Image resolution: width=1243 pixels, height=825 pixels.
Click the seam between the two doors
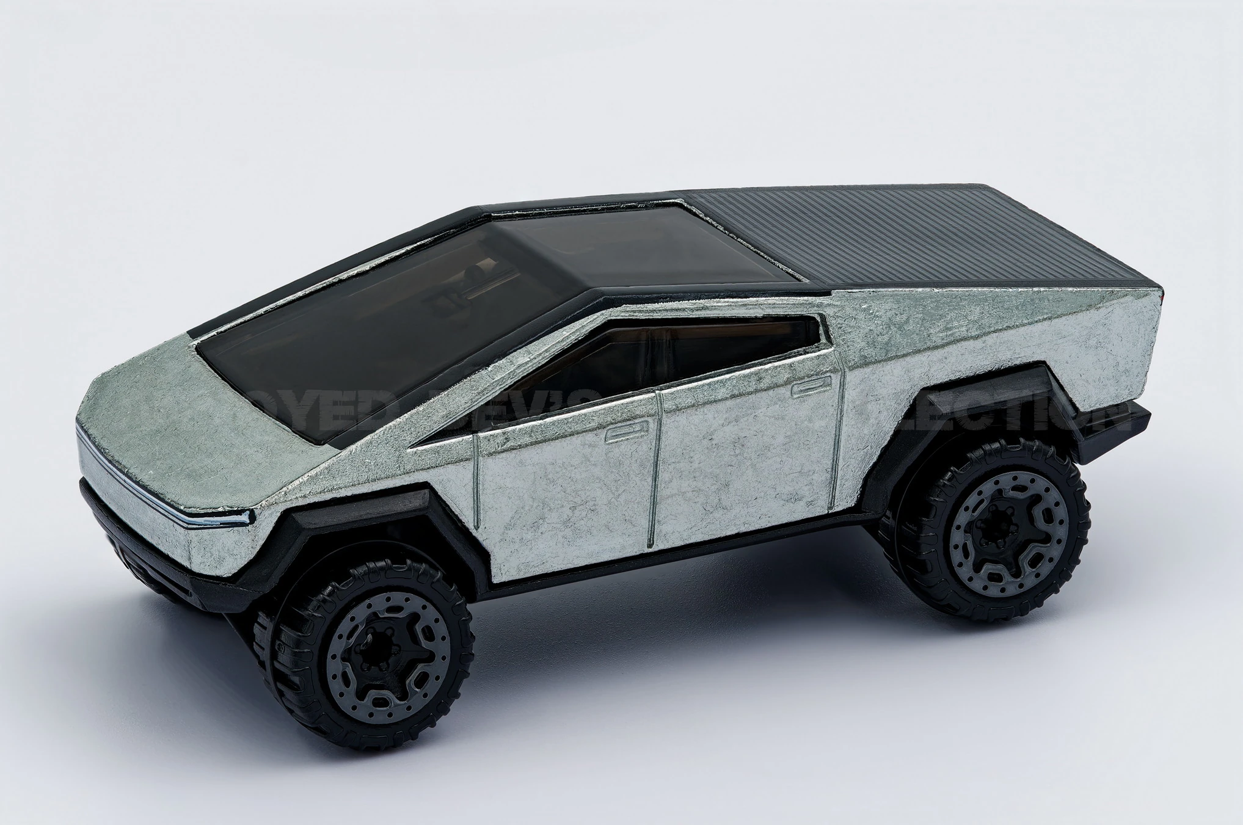(655, 464)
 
